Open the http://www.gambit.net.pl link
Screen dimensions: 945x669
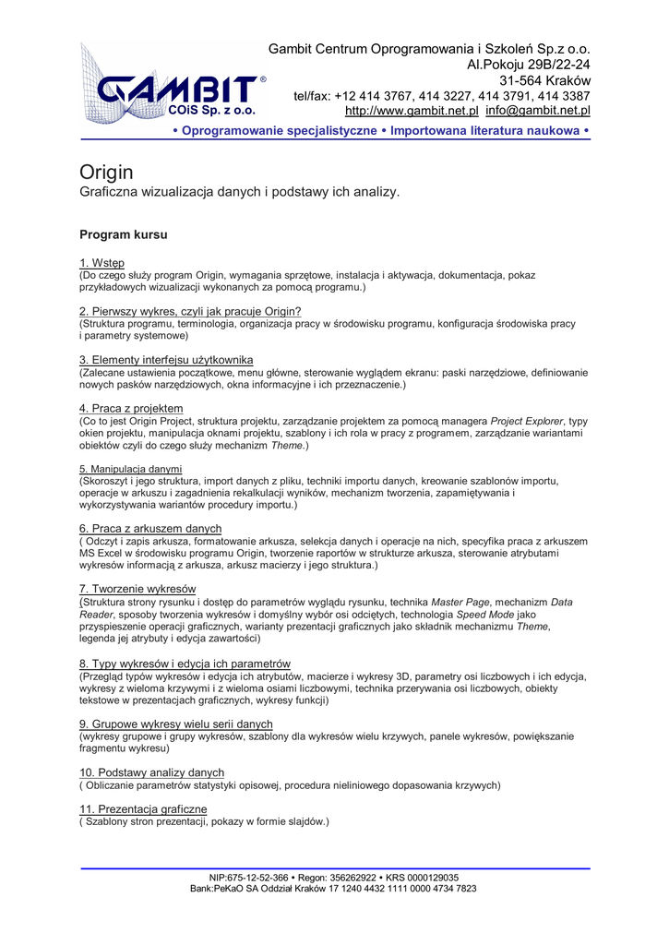[x=412, y=112]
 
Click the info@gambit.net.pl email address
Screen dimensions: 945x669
[x=538, y=112]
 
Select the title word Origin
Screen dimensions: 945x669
[x=106, y=173]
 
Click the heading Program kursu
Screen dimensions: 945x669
[x=124, y=235]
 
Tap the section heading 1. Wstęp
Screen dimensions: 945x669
[x=102, y=263]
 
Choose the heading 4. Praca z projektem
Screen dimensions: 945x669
[x=131, y=408]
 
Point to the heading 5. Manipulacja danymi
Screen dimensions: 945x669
[x=130, y=469]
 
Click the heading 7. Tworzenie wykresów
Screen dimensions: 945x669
[x=137, y=589]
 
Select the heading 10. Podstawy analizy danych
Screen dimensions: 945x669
[x=151, y=772]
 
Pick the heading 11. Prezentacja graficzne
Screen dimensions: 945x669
[x=143, y=808]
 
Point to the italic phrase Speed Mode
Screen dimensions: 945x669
[x=488, y=615]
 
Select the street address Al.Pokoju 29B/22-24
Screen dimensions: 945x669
[x=529, y=65]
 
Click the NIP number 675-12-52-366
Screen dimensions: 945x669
[x=262, y=878]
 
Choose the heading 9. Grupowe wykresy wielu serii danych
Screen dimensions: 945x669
[x=175, y=724]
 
